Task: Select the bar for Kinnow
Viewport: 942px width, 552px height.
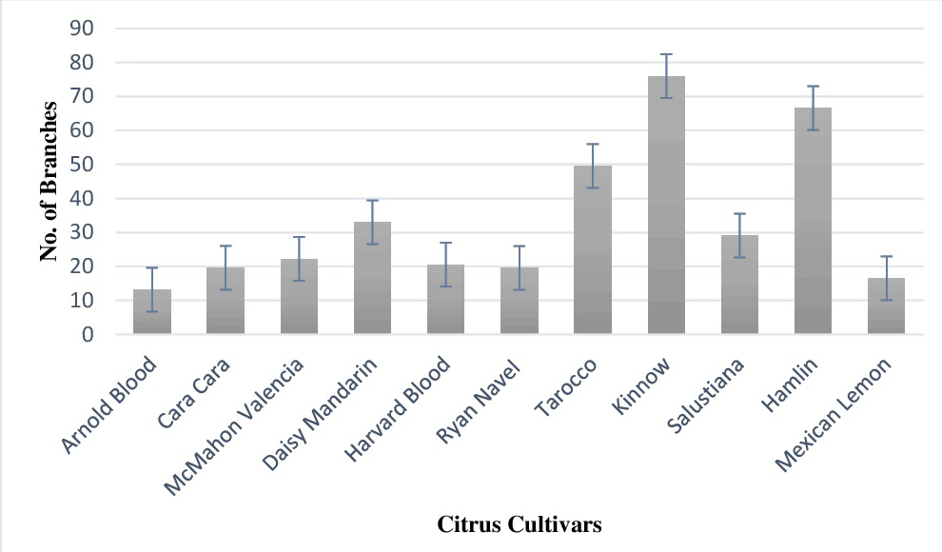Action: click(x=666, y=205)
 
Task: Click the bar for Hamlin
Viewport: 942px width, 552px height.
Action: click(x=813, y=221)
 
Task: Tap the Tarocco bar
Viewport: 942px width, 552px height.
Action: click(x=593, y=249)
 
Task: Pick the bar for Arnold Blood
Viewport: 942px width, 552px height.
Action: click(x=152, y=311)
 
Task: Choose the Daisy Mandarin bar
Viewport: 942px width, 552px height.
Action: click(x=372, y=278)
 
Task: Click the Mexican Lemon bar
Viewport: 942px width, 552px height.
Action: click(x=886, y=306)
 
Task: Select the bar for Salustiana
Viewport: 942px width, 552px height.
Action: click(x=739, y=285)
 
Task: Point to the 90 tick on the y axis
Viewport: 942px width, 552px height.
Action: click(x=82, y=29)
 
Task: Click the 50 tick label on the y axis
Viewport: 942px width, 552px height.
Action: click(x=82, y=164)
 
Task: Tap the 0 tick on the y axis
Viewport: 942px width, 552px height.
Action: click(x=88, y=335)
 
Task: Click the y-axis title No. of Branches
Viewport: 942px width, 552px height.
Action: click(x=49, y=182)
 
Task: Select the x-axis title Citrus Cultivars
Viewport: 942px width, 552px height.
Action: click(x=520, y=523)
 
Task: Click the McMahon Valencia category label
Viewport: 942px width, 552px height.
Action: click(x=234, y=427)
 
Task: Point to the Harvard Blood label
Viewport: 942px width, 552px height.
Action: click(x=398, y=409)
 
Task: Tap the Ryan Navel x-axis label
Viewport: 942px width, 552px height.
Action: click(x=479, y=401)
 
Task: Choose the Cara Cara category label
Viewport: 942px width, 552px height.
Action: click(x=194, y=393)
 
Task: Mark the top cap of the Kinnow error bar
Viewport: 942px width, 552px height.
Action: click(x=666, y=54)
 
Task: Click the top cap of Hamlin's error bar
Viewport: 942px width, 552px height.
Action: click(x=813, y=87)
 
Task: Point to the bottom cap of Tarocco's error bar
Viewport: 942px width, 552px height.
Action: click(x=593, y=188)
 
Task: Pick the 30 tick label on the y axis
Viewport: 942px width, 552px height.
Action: click(x=82, y=232)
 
